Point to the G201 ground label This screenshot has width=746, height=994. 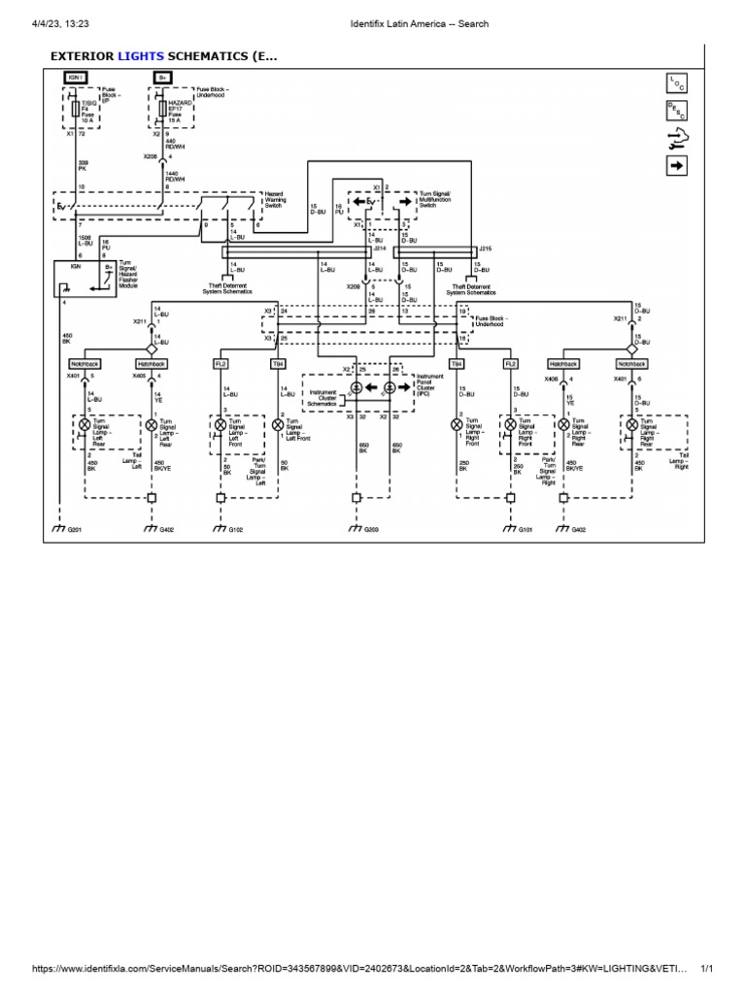point(73,529)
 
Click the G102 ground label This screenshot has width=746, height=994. point(234,529)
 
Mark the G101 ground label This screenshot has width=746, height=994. point(525,529)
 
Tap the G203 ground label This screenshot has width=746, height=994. point(370,529)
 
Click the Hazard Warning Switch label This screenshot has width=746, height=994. point(281,199)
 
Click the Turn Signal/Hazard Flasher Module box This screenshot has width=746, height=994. point(85,279)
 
